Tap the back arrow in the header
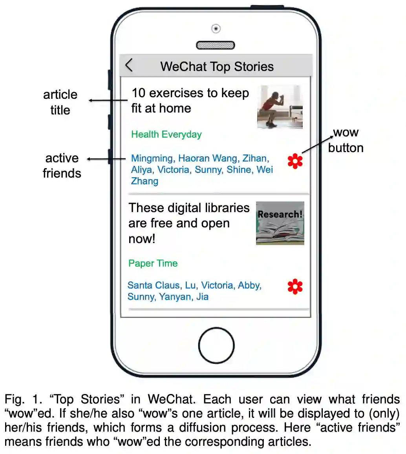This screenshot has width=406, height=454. pos(129,65)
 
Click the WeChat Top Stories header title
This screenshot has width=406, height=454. pos(217,66)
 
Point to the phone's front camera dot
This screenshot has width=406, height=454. pos(216,29)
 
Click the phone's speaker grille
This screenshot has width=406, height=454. pos(216,45)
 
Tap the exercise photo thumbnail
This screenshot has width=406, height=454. pos(280,107)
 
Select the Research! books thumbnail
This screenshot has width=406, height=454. pos(280,223)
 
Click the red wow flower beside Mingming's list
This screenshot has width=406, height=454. pos(295,161)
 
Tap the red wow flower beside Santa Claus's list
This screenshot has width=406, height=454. pos(295,287)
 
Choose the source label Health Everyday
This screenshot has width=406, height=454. pos(166,134)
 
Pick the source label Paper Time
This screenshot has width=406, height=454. pos(153,263)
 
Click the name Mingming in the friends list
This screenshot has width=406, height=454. pos(152,158)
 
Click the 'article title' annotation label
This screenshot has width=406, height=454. pos(60,102)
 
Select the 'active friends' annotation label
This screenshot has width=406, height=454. pos(62,165)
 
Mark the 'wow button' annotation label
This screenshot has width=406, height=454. pos(346,140)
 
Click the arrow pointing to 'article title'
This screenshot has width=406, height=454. pos(108,100)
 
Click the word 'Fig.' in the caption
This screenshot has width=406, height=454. pos(14,400)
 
